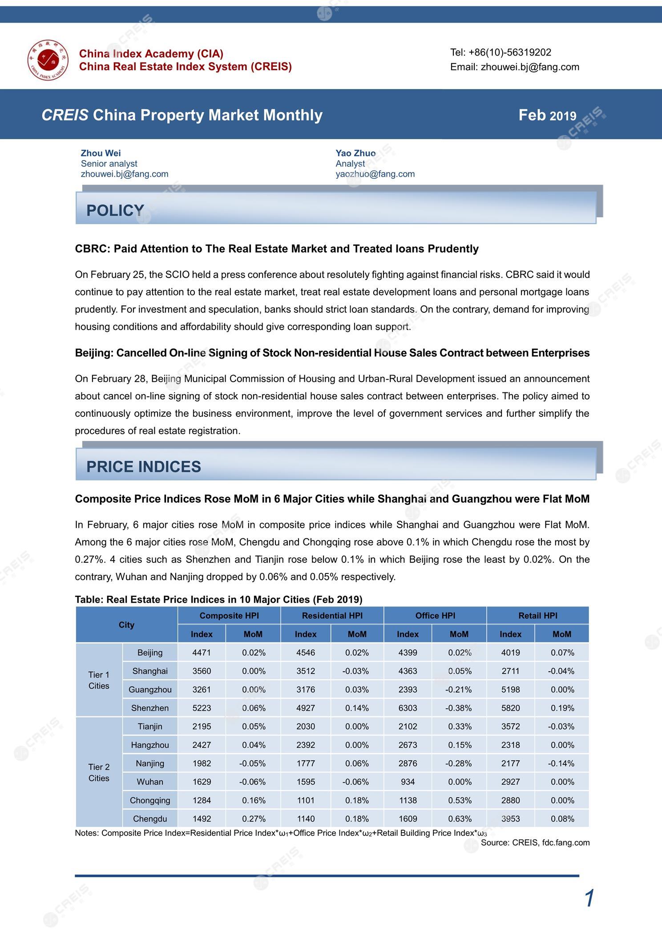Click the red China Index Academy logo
(48, 60)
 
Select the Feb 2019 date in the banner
(547, 116)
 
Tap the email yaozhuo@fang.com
(375, 174)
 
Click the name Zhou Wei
(101, 153)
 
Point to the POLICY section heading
(115, 210)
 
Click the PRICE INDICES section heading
(144, 467)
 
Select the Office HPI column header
(435, 615)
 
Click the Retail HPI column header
(537, 615)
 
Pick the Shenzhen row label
(150, 708)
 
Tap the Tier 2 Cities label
(99, 772)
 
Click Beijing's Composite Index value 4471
(202, 653)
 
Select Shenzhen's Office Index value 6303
(408, 708)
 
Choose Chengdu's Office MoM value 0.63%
(459, 819)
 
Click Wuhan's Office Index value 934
(408, 782)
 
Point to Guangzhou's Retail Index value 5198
(510, 690)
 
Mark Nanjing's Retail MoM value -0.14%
(561, 763)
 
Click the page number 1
(589, 899)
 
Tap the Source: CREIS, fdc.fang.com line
(535, 843)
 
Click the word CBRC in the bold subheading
(92, 249)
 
